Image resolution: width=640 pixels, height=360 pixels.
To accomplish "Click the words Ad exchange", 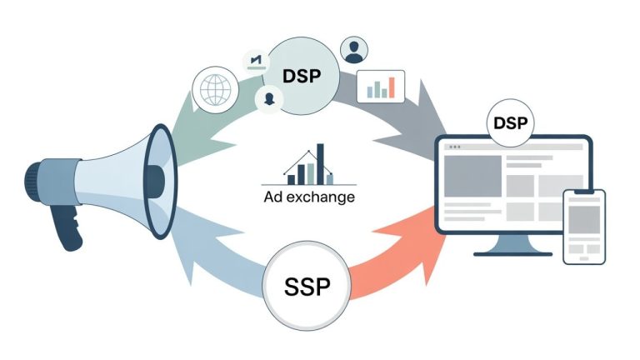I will [x=307, y=197].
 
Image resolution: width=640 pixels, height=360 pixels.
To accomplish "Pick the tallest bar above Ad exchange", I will [x=320, y=162].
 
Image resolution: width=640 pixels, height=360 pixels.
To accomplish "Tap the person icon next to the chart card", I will [x=354, y=49].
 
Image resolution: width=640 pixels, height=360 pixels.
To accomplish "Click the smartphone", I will [x=583, y=226].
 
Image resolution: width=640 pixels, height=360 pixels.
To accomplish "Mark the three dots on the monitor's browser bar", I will [x=455, y=147].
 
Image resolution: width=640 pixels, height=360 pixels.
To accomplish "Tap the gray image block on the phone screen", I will [x=584, y=219].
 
